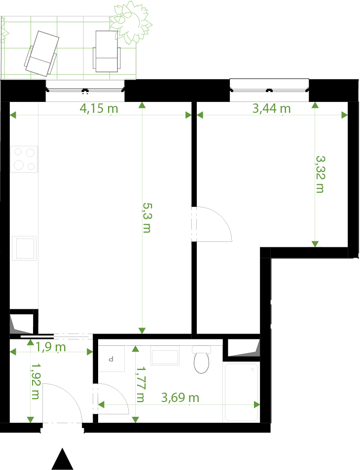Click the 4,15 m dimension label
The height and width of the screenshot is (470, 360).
(x=99, y=108)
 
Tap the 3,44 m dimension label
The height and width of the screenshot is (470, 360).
(x=272, y=108)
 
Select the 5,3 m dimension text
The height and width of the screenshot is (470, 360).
(x=147, y=218)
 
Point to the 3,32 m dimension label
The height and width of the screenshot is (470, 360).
(x=321, y=174)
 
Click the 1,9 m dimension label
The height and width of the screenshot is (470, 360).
(x=51, y=347)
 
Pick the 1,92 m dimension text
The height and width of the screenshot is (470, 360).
(x=36, y=381)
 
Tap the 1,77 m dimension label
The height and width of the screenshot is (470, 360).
(x=140, y=384)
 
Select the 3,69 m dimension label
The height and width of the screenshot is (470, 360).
(x=180, y=398)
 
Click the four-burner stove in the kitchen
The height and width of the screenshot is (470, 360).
(x=24, y=159)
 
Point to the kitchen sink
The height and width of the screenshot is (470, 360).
(x=24, y=248)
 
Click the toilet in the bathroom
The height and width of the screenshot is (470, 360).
(x=201, y=359)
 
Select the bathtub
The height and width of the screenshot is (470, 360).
(x=242, y=392)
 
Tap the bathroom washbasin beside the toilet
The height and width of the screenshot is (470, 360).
(x=165, y=356)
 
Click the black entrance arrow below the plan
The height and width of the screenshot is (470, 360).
(x=63, y=459)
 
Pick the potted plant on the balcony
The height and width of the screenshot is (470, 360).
(x=131, y=22)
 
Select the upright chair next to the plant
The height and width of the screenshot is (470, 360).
(x=107, y=51)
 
